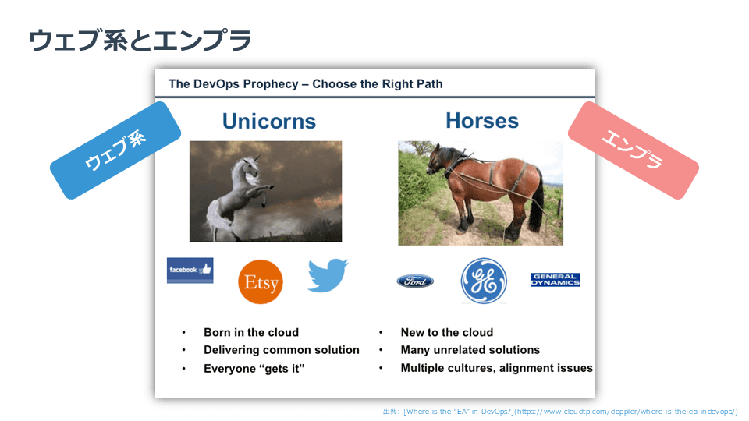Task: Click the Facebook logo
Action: pos(190,271)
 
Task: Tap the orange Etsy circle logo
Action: pos(261,281)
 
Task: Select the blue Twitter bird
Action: pos(328,275)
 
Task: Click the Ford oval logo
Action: pos(415,281)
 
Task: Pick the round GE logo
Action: pos(484,281)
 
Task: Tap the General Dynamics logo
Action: pos(555,280)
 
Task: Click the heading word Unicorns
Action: pos(269,122)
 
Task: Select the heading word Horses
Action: pos(482,121)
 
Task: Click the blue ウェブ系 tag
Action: pos(115,150)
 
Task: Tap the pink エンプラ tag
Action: pos(633,150)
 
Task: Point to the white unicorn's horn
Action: pos(257,158)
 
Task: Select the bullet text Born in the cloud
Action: pos(251,332)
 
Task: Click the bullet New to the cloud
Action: pos(446,332)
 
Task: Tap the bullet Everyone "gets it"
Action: pos(254,369)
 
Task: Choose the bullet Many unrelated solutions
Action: pos(470,350)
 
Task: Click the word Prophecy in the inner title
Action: pos(271,84)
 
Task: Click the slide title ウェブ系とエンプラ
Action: pos(140,40)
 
